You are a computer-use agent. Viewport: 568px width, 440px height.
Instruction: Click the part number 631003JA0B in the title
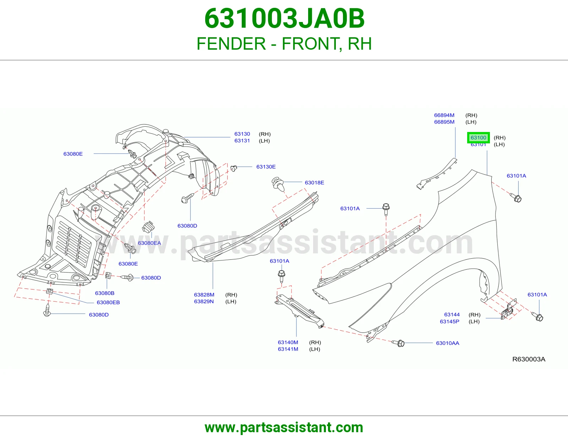tap(284, 18)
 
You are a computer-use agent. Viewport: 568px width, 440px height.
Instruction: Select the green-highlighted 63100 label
tap(478, 138)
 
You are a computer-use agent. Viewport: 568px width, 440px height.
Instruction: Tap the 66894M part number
tap(444, 115)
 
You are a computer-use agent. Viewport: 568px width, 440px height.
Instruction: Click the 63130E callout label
tap(266, 167)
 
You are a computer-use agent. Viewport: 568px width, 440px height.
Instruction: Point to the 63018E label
tap(314, 183)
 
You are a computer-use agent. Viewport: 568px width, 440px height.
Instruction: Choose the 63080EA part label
tap(149, 243)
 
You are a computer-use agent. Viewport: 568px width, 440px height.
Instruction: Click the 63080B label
tap(105, 293)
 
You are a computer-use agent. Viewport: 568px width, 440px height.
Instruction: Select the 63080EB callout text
tap(108, 302)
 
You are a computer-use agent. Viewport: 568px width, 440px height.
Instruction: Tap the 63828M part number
tap(204, 295)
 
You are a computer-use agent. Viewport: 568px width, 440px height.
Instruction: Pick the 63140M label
tap(288, 342)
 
